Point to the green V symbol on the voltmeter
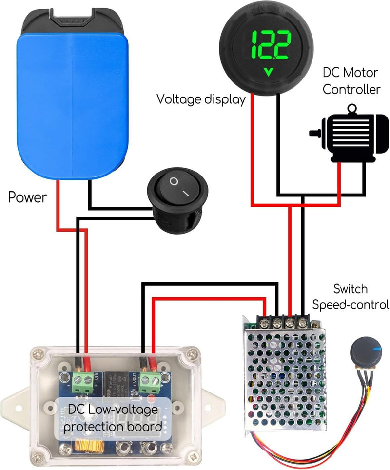click(x=268, y=73)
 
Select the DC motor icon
click(x=349, y=138)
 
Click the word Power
click(x=28, y=197)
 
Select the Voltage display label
click(x=200, y=99)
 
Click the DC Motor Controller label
click(x=351, y=81)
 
